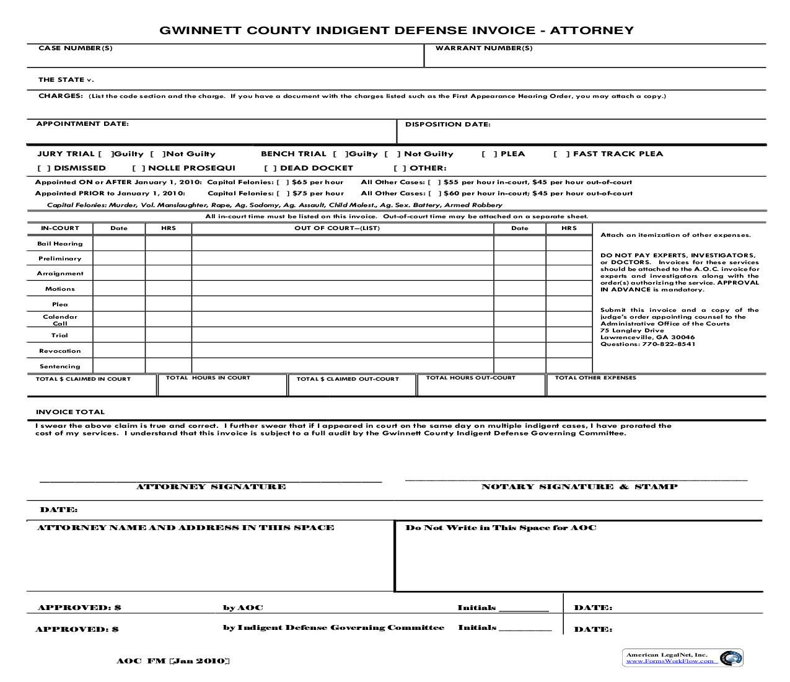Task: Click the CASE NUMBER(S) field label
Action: (x=76, y=48)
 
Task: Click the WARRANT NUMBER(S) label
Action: (x=484, y=48)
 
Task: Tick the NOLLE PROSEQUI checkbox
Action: (x=139, y=168)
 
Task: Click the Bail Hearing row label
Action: (x=60, y=244)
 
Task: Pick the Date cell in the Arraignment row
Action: (x=119, y=273)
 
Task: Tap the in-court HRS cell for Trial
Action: (x=168, y=335)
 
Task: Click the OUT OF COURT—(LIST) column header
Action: (x=337, y=228)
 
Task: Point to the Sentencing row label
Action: (x=60, y=366)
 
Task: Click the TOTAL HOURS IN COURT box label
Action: (x=208, y=378)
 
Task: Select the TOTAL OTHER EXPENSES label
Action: (x=595, y=378)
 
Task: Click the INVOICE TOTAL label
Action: (x=70, y=412)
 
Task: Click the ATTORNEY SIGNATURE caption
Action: (x=211, y=487)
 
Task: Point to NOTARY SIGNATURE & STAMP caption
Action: (x=579, y=487)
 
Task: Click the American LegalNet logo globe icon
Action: (x=733, y=658)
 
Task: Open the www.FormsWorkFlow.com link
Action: (x=670, y=662)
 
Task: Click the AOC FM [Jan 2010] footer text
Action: (x=173, y=661)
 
